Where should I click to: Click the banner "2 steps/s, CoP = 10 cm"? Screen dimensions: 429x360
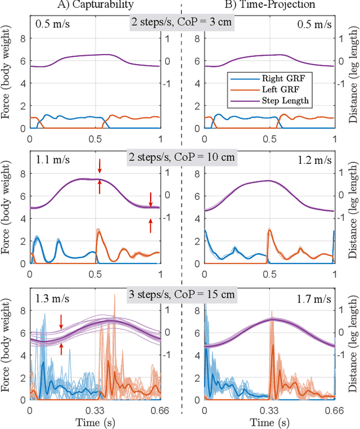tap(181, 159)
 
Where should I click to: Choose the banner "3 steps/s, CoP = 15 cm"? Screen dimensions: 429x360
tap(181, 294)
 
